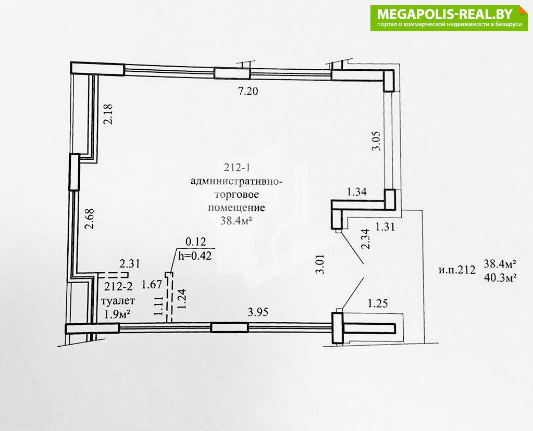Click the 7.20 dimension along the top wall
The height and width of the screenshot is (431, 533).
click(x=248, y=91)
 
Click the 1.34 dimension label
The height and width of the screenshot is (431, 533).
click(x=357, y=192)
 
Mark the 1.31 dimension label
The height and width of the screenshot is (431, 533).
click(x=385, y=226)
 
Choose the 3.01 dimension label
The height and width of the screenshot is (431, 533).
click(x=321, y=264)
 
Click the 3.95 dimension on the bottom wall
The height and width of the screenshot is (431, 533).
click(x=258, y=312)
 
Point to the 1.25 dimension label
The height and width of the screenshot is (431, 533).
click(x=378, y=303)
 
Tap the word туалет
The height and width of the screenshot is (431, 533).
click(x=119, y=301)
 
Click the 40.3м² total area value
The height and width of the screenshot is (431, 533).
click(x=500, y=277)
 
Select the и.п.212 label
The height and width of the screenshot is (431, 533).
click(x=456, y=270)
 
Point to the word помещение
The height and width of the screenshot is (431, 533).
click(x=236, y=207)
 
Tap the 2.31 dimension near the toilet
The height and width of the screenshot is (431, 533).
click(x=130, y=263)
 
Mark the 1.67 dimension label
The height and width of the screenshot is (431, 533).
click(x=152, y=284)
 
